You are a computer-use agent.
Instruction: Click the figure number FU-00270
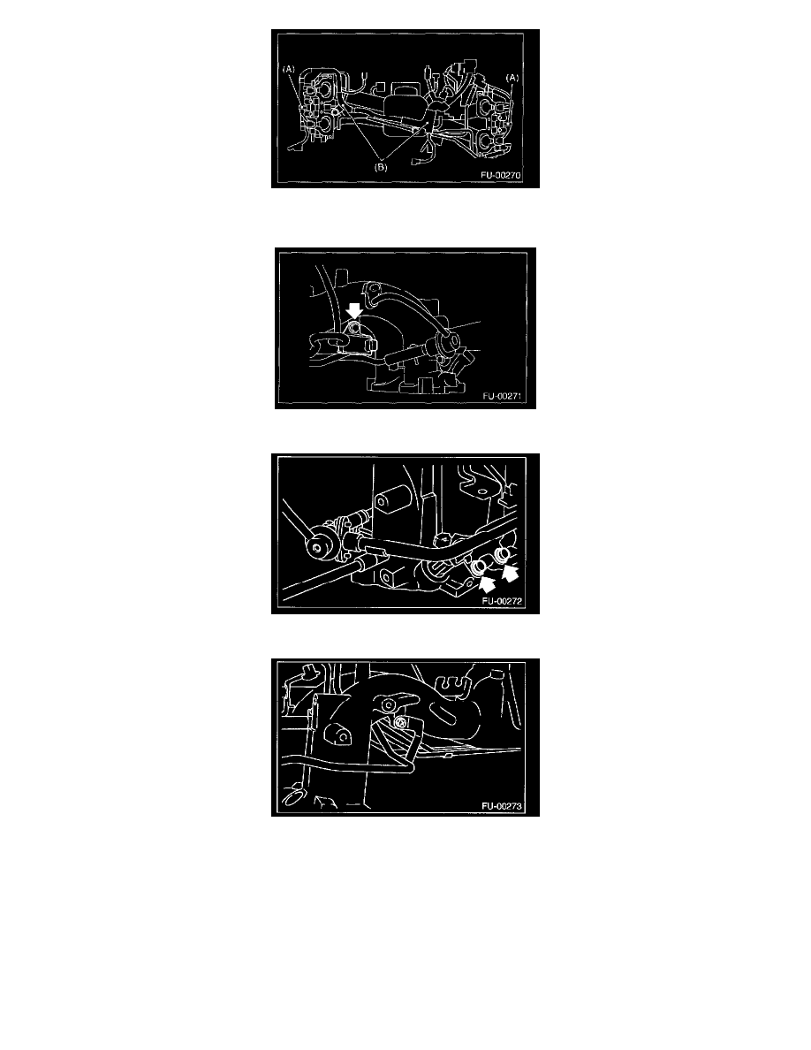[500, 176]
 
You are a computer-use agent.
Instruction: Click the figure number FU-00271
[501, 397]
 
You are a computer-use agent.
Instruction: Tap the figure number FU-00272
[501, 601]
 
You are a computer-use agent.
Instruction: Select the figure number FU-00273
[501, 806]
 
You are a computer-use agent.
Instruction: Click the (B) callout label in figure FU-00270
[381, 167]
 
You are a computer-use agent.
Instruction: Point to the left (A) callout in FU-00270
[288, 69]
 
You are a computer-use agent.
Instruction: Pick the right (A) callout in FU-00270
[512, 78]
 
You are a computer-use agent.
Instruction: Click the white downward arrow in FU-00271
[354, 311]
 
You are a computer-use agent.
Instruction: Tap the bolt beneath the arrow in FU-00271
[354, 327]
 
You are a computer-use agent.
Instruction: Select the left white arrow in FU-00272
[487, 583]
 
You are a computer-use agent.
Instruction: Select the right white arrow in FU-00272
[510, 573]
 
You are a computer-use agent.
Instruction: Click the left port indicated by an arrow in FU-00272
[477, 567]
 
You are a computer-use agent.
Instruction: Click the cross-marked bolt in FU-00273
[400, 723]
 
